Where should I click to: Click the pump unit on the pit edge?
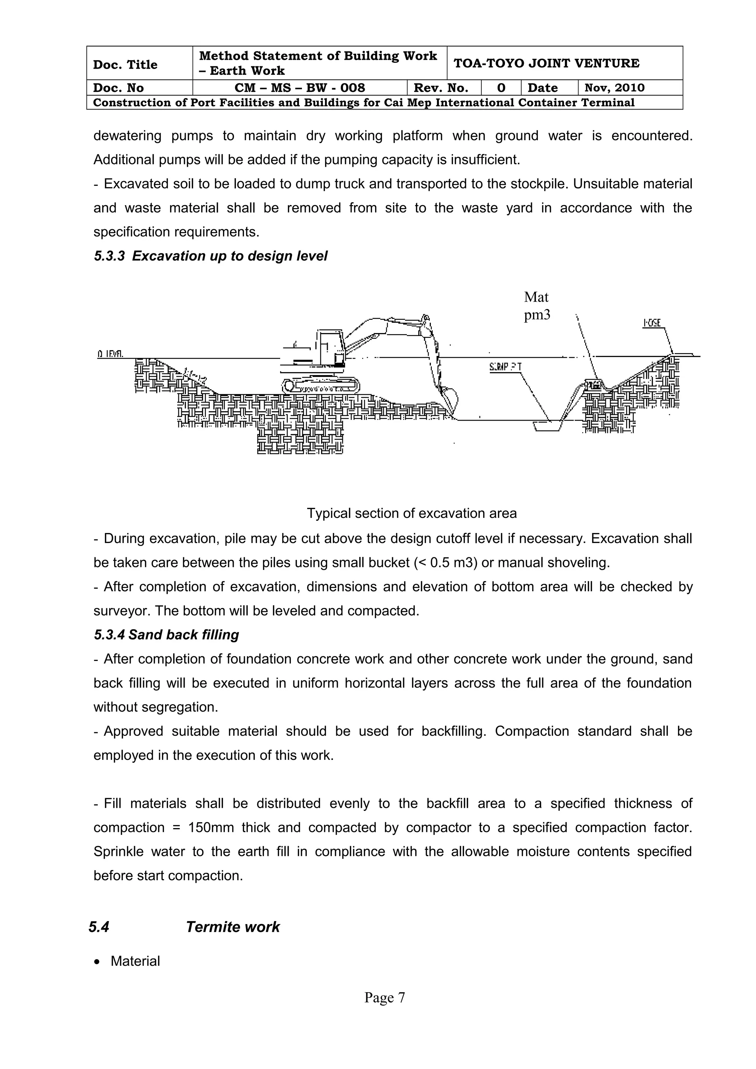[x=594, y=385]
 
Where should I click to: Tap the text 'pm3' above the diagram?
[x=537, y=315]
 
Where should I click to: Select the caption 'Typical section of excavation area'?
[x=412, y=513]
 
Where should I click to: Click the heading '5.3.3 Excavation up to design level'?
[x=210, y=256]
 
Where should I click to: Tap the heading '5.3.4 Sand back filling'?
[x=166, y=635]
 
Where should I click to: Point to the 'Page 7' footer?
[x=385, y=998]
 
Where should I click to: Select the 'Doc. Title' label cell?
[x=125, y=64]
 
